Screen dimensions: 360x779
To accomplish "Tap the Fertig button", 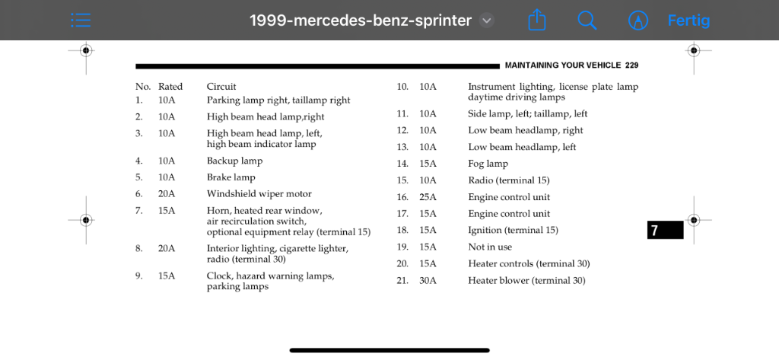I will click(688, 21).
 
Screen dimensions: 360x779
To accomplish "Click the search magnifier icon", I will click(587, 21).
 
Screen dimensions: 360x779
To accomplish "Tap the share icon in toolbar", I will click(537, 20).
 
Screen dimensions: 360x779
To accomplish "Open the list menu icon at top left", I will click(81, 21).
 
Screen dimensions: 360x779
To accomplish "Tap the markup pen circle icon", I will click(638, 21).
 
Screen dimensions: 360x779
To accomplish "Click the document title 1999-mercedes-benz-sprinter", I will click(361, 21).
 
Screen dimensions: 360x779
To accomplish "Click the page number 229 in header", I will click(631, 65).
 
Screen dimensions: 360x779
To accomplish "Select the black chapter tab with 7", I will click(665, 230).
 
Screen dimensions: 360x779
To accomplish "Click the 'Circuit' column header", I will click(221, 87).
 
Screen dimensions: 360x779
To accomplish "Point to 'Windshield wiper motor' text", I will click(259, 194).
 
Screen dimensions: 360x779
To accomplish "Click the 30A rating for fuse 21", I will click(428, 281).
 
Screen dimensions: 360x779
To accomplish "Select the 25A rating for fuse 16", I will click(428, 197).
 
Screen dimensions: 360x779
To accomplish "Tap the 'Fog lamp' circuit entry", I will click(488, 164).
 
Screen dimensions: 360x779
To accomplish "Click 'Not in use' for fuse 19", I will click(490, 247).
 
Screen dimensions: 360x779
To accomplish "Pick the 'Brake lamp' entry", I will click(231, 177).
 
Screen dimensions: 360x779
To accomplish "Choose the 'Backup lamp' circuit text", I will click(234, 161).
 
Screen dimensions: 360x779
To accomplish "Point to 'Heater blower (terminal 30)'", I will click(526, 281).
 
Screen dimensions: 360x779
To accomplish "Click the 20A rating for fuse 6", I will click(167, 194).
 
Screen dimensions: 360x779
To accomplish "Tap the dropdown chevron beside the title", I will click(487, 21).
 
